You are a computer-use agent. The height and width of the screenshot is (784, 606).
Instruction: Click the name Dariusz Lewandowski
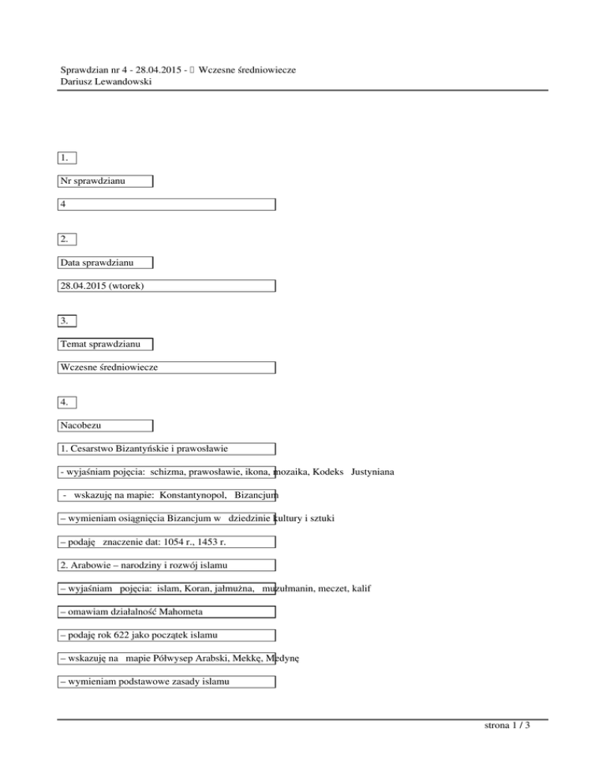(106, 81)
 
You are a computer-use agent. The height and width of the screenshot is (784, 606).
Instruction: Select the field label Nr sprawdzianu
(92, 181)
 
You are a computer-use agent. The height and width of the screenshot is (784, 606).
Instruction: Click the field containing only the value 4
(166, 204)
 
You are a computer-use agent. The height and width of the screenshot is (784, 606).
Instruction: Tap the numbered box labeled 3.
(68, 320)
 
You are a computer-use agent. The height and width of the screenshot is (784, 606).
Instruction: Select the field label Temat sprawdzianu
(99, 344)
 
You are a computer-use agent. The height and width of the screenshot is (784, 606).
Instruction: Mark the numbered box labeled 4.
(68, 402)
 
